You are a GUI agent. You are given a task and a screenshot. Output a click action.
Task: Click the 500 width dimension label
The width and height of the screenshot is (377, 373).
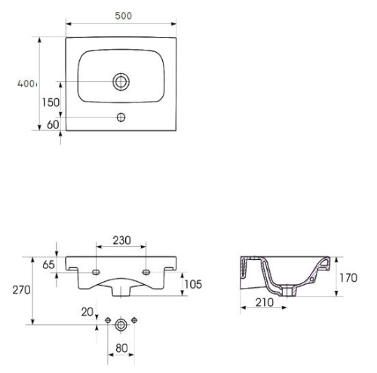(123, 16)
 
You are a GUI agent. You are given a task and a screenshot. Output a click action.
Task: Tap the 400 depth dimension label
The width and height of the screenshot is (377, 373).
(26, 84)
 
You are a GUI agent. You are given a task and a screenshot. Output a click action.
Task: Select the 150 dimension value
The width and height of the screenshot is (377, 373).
(51, 102)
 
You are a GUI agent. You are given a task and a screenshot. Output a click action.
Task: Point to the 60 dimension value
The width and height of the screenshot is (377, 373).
(53, 124)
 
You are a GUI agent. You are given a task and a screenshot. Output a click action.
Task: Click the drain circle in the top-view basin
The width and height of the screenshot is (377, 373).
(121, 81)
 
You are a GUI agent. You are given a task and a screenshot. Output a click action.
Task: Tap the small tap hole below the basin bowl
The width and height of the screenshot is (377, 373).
(121, 117)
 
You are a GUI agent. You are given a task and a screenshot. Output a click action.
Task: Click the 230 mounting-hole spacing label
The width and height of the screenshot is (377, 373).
(121, 240)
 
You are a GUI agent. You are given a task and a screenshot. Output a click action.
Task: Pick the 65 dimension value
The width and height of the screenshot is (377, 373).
(48, 264)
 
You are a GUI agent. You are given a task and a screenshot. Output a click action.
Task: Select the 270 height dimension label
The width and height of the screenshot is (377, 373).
(22, 290)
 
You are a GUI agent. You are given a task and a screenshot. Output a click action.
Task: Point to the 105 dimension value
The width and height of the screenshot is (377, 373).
(193, 284)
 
